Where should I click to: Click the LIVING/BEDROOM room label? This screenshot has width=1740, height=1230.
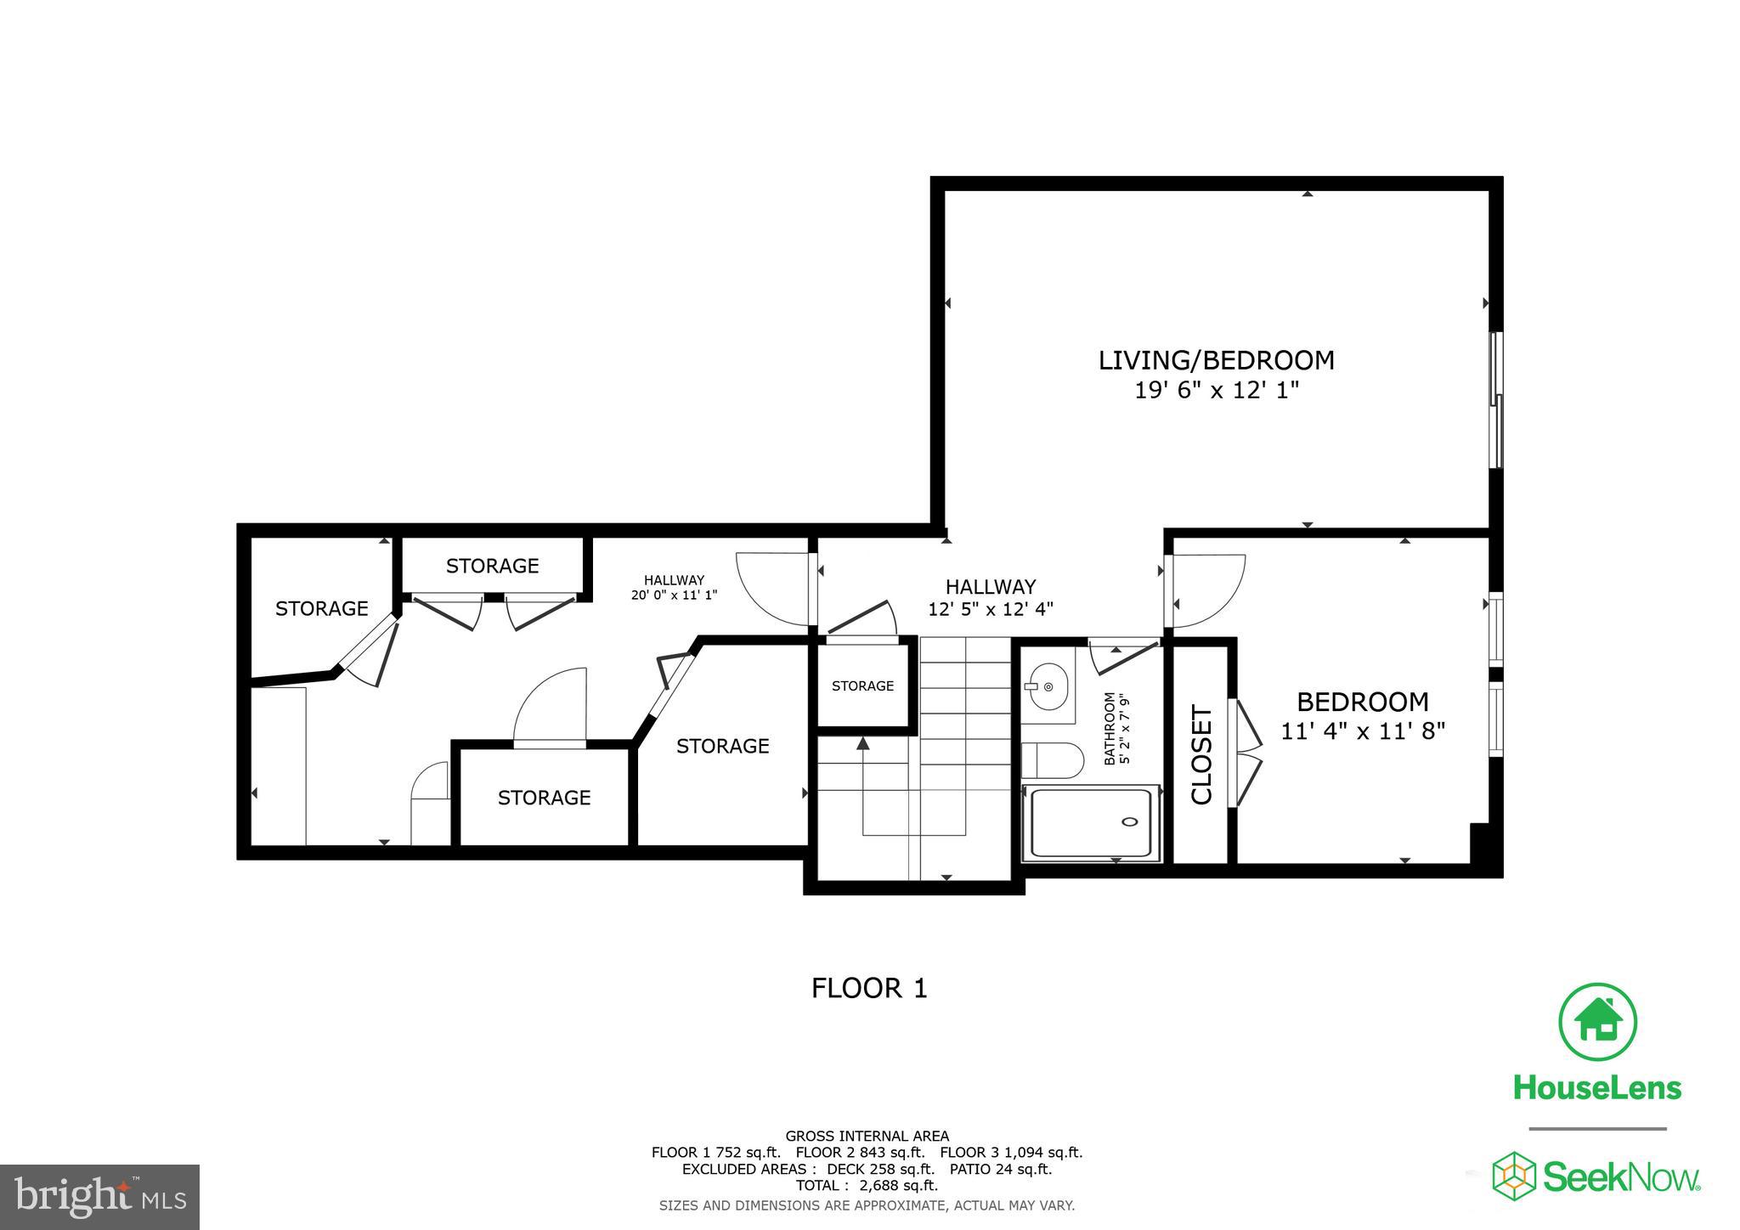pos(1216,360)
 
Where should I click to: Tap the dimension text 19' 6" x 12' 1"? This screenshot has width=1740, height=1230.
pos(1217,391)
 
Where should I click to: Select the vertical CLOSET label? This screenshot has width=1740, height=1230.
pos(1201,754)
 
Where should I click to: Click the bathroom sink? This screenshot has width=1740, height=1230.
pos(1048,686)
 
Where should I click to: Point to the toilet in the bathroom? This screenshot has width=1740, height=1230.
pos(1053,760)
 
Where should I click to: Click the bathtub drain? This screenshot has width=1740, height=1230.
pos(1130,821)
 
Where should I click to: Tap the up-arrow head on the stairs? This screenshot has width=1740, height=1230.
pos(863,744)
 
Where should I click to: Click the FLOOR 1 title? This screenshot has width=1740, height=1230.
pos(869,988)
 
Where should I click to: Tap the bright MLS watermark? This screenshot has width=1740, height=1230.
pos(99,1197)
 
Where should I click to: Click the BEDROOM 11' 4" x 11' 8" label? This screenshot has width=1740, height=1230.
pos(1363,715)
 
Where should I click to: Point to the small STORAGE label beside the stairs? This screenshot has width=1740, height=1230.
pos(862,686)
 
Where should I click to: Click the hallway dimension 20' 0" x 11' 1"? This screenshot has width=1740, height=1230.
pos(674,595)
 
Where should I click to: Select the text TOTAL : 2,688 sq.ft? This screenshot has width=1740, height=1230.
pos(867,1185)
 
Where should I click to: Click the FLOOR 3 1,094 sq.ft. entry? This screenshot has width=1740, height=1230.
pos(1011,1153)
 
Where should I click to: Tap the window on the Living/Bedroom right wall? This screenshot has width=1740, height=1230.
pos(1497,399)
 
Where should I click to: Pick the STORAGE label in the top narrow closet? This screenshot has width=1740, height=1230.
pos(492,566)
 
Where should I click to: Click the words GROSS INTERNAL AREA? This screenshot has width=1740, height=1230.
pos(867,1136)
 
